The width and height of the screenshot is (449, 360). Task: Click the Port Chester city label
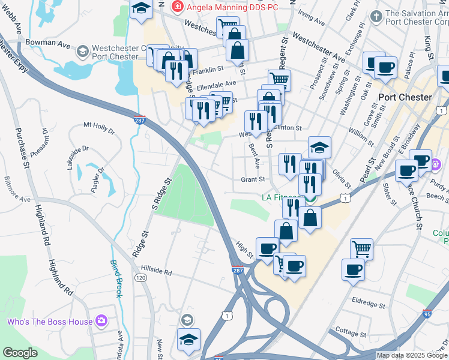(x=405, y=97)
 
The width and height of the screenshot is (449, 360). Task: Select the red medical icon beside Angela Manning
(x=178, y=7)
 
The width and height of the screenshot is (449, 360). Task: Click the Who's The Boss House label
(x=50, y=322)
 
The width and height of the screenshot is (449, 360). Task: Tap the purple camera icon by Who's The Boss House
(x=101, y=322)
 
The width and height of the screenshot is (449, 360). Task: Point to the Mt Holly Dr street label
(x=99, y=126)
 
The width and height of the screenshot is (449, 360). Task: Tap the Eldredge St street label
(x=372, y=301)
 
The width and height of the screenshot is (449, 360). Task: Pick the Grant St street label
(x=253, y=179)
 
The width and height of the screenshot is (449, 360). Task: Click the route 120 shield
(x=140, y=278)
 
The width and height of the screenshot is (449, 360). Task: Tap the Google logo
(x=20, y=353)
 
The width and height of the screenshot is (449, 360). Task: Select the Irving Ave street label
(x=312, y=23)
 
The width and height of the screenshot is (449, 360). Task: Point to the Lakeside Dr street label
(x=78, y=157)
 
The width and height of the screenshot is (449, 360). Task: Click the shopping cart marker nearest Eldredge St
(x=361, y=248)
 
